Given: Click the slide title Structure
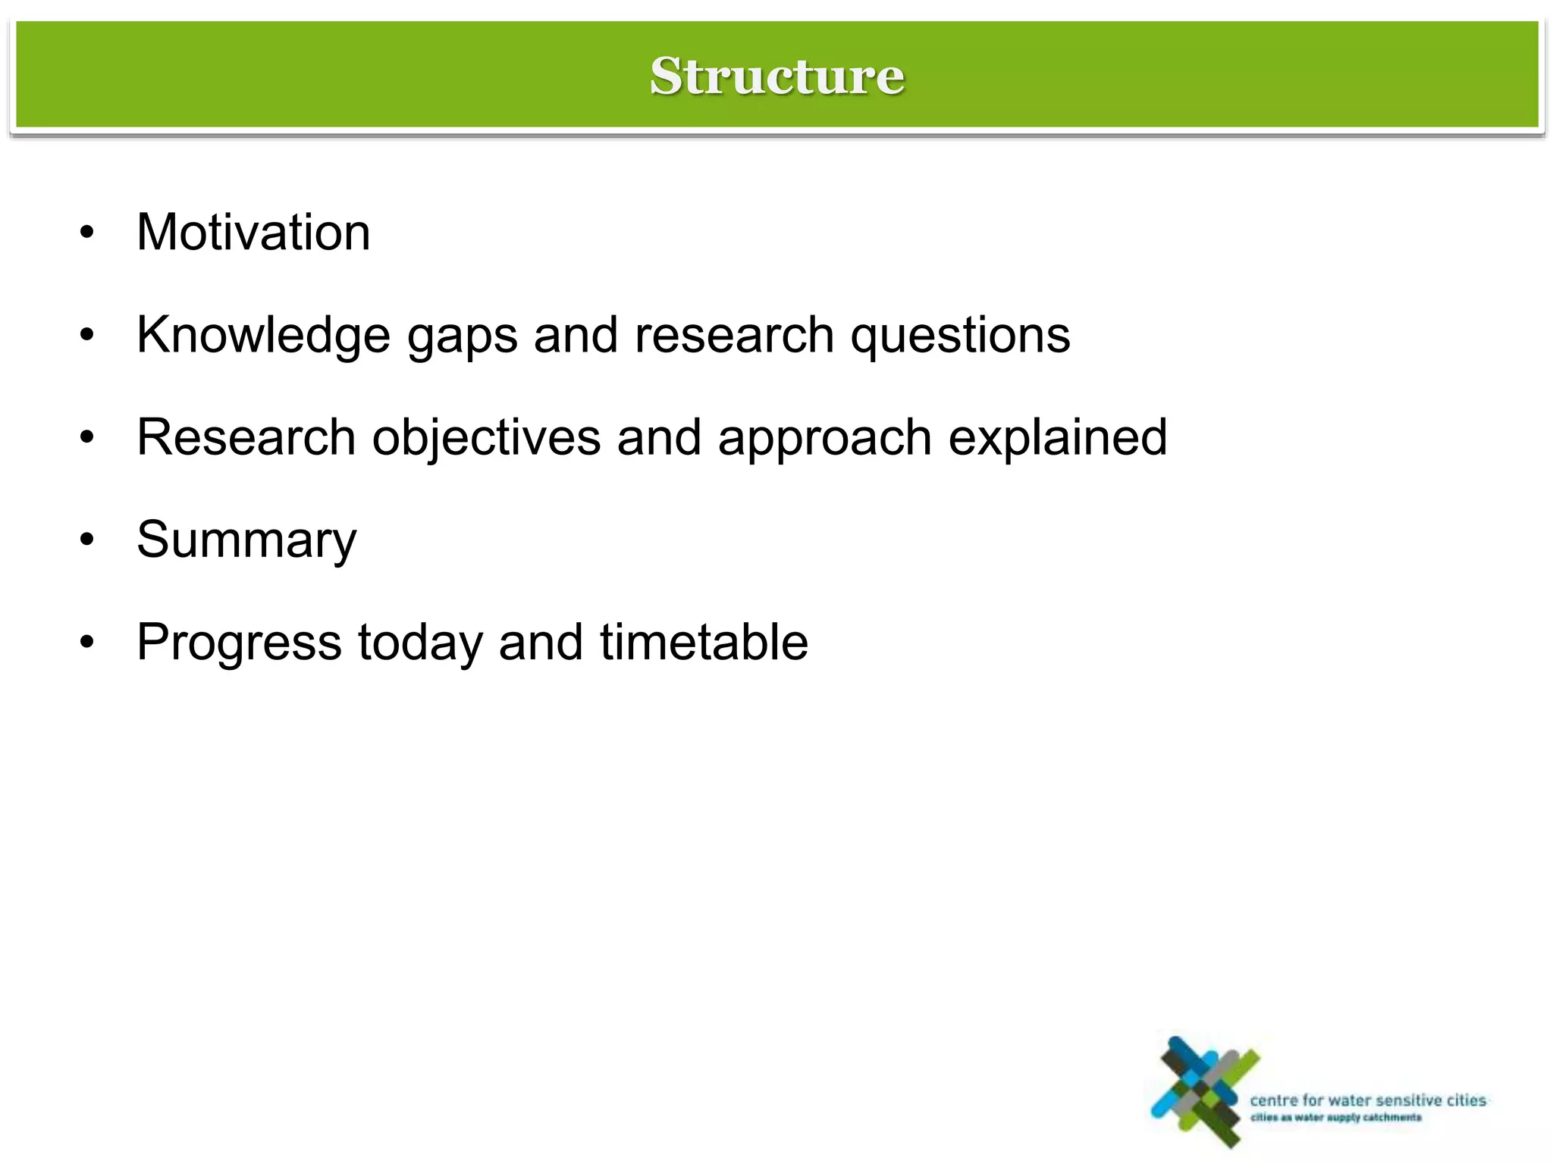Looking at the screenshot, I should point(776,76).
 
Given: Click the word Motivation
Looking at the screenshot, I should point(253,232).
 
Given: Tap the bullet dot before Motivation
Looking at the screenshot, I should point(88,233).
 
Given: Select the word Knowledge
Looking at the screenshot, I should point(262,335).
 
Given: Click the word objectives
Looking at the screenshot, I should point(486,439).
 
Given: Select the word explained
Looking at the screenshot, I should point(1058,439).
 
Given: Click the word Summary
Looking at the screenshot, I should point(246,541).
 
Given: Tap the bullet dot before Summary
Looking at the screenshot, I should point(88,541).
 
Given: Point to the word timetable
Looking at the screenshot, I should point(704,643).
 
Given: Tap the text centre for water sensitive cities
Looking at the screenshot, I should point(1367,1100).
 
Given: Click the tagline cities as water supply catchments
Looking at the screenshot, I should point(1335,1118).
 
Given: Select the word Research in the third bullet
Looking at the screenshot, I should point(246,437).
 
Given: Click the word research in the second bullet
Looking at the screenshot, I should point(734,335).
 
